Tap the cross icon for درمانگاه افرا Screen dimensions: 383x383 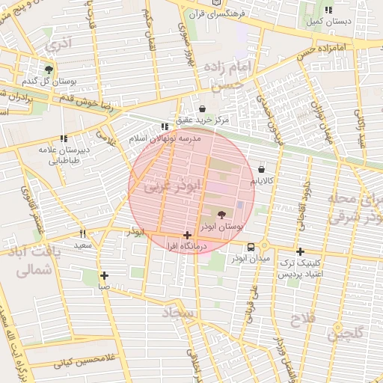pos(186,235)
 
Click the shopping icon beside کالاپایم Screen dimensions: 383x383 pos(260,169)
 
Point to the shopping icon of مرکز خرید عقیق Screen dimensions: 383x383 pos(203,109)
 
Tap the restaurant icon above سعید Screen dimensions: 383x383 pos(83,233)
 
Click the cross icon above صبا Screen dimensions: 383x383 pos(104,275)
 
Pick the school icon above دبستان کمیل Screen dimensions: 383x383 pos(329,10)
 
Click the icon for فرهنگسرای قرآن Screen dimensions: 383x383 pos(218,4)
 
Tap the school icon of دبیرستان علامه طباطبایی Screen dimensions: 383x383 pos(64,138)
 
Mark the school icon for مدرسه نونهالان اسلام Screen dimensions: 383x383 pos(165,128)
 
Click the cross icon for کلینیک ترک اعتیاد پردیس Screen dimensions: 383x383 pos(300,251)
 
